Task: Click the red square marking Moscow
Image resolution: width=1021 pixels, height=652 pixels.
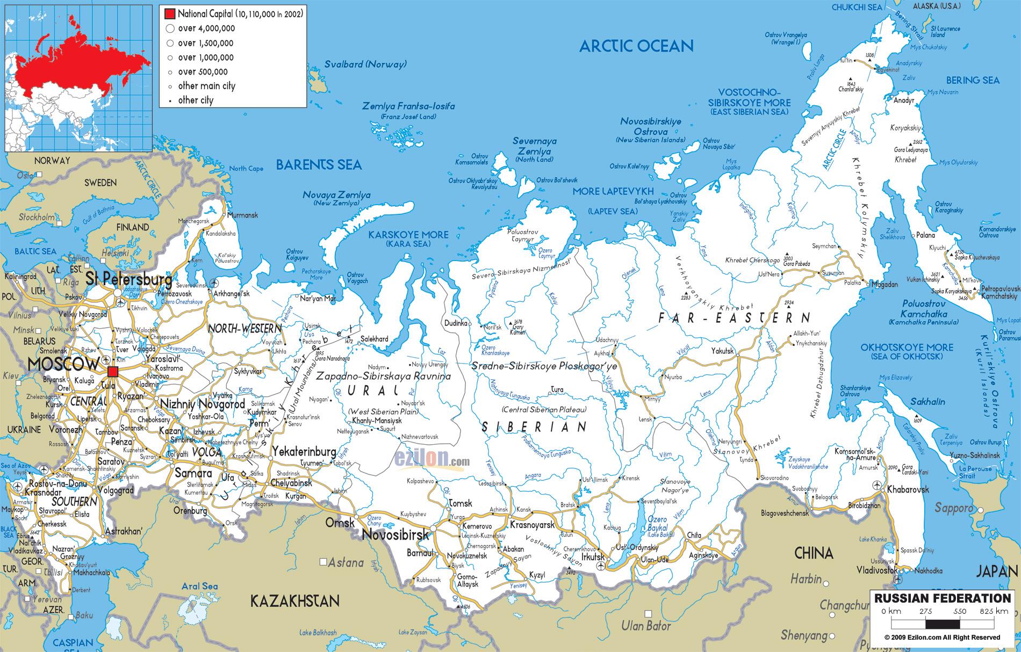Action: point(113,372)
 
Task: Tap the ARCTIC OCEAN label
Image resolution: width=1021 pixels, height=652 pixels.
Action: point(636,46)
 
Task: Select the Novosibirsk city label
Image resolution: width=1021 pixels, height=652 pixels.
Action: point(396,534)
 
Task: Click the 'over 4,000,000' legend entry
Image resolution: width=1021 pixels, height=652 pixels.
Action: point(206,28)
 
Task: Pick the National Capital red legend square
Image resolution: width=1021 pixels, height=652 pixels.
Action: point(170,13)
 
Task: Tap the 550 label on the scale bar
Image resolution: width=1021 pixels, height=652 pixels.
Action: point(960,611)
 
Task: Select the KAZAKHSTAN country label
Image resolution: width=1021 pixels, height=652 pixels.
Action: point(295,600)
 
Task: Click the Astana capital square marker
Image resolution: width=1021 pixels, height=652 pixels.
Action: point(323,562)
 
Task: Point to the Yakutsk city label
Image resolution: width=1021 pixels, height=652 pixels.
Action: point(722,351)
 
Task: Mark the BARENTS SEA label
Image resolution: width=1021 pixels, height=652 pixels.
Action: point(319,165)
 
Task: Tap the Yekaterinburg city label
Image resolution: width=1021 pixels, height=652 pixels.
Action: point(304,451)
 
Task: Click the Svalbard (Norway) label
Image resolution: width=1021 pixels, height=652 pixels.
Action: point(365,64)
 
